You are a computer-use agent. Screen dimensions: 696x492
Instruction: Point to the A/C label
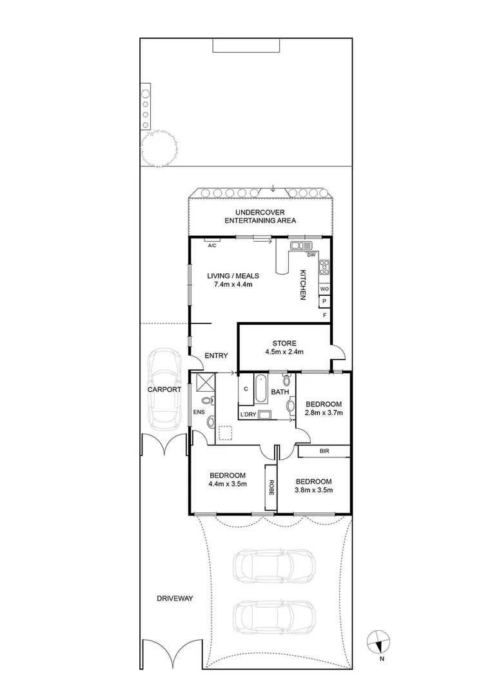point(212,246)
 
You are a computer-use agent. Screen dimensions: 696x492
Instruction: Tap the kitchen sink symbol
point(301,245)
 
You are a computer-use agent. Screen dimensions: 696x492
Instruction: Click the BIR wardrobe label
point(324,452)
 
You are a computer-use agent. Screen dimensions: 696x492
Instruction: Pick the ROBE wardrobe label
point(271,488)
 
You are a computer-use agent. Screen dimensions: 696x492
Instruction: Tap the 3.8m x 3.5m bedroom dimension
point(313,490)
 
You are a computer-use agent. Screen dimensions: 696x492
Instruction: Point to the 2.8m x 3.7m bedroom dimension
point(323,412)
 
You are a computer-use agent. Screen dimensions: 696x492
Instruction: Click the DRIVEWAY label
point(175,599)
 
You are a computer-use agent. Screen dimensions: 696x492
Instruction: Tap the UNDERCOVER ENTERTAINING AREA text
point(260,217)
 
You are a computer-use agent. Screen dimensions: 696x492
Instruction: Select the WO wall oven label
point(324,289)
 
